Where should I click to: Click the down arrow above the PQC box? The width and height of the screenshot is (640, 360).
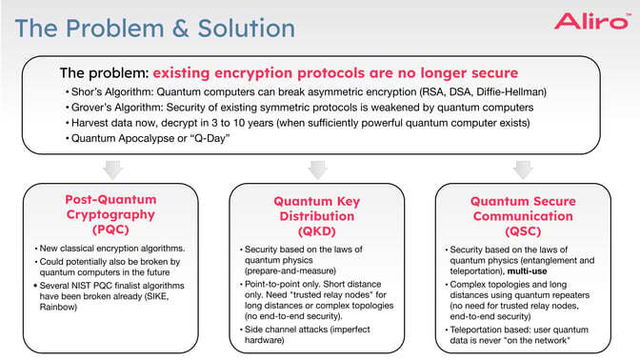tap(112, 170)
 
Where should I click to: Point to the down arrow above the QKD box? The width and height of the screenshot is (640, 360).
tap(318, 170)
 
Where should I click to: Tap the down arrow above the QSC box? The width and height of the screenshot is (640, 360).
tap(523, 170)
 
